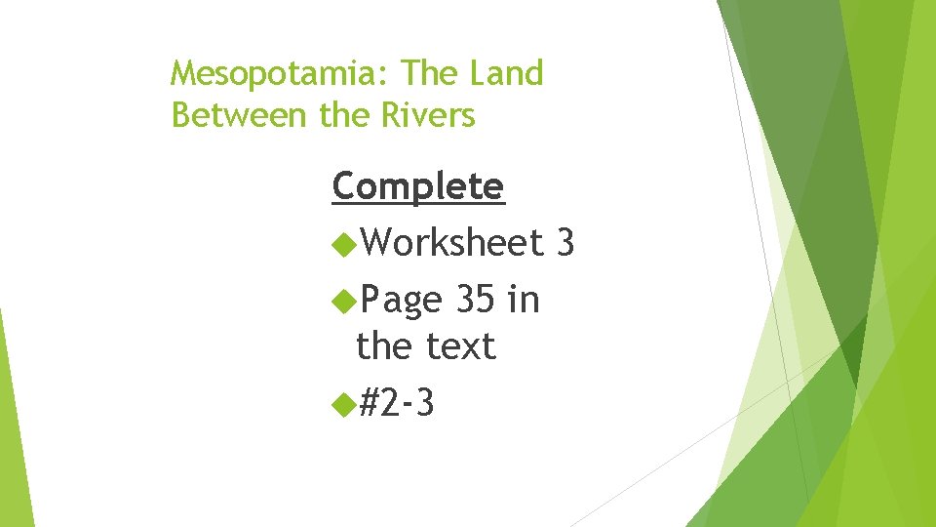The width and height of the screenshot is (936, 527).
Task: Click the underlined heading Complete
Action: (x=418, y=185)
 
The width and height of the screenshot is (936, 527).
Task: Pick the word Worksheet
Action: (x=450, y=242)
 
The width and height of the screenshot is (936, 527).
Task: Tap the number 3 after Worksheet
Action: (x=564, y=242)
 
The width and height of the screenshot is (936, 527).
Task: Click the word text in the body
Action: (x=461, y=345)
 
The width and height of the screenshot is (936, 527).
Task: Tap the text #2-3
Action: (x=397, y=400)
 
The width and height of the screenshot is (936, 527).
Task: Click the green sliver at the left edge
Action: (x=14, y=429)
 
